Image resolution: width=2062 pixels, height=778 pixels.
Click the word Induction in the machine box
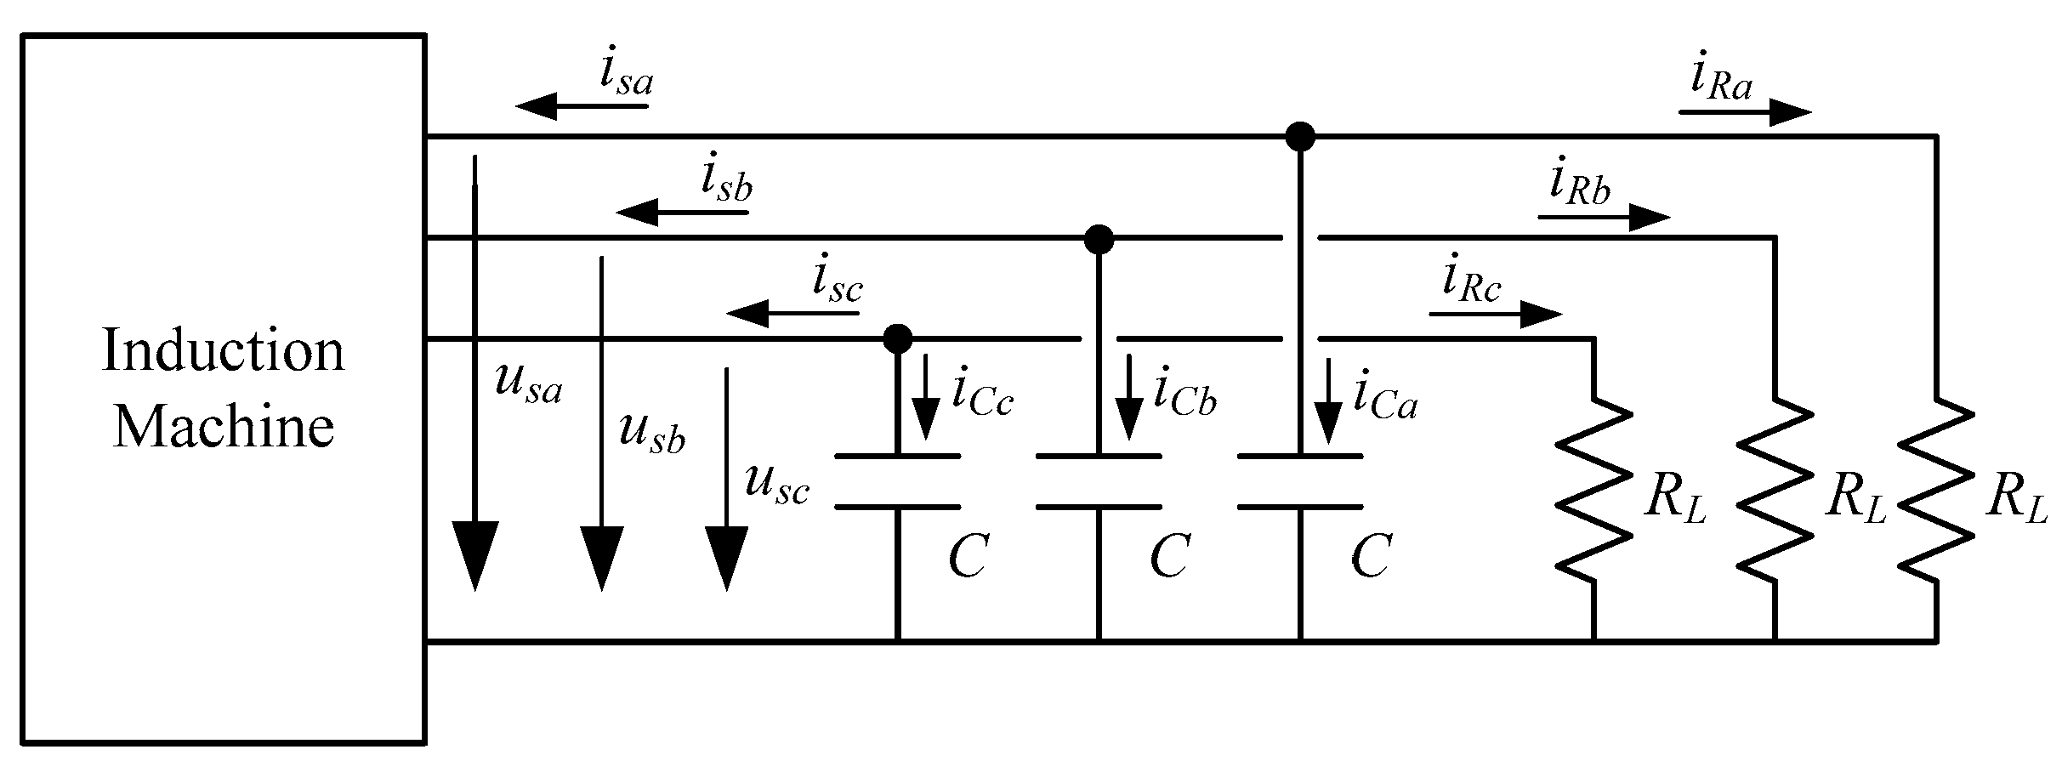[x=223, y=350]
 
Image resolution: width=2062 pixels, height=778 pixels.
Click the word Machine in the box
[x=223, y=427]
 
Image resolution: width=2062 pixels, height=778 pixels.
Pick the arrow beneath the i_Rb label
[x=1604, y=218]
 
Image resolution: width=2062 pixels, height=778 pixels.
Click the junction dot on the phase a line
[x=1299, y=136]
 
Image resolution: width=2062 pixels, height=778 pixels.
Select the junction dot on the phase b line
[x=1099, y=239]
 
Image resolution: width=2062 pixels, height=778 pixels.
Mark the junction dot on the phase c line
[x=898, y=338]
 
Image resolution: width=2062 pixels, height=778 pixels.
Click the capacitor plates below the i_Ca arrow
[x=1299, y=481]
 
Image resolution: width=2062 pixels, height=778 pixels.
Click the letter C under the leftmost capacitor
[x=968, y=557]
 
